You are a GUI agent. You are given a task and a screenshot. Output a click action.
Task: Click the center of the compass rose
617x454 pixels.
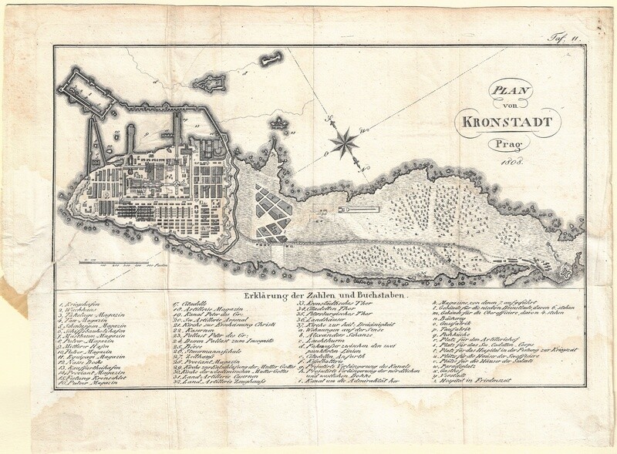[345, 140]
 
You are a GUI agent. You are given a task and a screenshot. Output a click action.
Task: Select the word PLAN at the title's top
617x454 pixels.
[505, 92]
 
